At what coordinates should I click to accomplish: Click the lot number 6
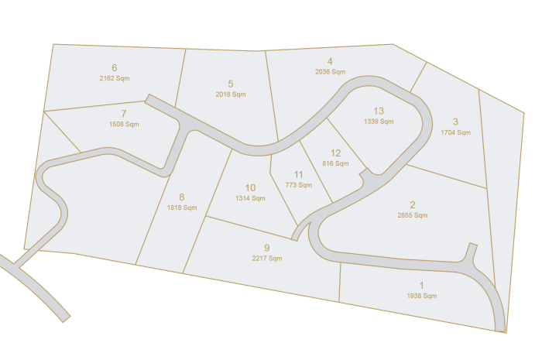pyautogui.click(x=114, y=68)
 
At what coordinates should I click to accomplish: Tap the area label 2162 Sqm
pyautogui.click(x=115, y=79)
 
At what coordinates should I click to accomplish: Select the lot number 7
pyautogui.click(x=124, y=113)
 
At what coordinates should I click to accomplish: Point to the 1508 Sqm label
pyautogui.click(x=124, y=124)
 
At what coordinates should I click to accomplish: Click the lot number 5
pyautogui.click(x=231, y=84)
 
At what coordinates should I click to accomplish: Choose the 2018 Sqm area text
pyautogui.click(x=231, y=94)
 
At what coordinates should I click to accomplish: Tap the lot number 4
pyautogui.click(x=330, y=61)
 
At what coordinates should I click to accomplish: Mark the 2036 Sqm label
pyautogui.click(x=331, y=72)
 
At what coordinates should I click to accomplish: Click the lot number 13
pyautogui.click(x=379, y=111)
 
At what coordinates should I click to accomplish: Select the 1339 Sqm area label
pyautogui.click(x=379, y=122)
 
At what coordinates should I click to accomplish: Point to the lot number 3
pyautogui.click(x=455, y=122)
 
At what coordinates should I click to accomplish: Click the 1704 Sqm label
pyautogui.click(x=455, y=132)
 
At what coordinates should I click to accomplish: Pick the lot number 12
pyautogui.click(x=335, y=153)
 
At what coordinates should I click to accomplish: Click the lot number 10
pyautogui.click(x=250, y=187)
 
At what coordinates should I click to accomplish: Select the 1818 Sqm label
pyautogui.click(x=182, y=207)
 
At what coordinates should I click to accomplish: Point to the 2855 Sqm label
pyautogui.click(x=413, y=215)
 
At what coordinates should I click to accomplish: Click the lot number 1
pyautogui.click(x=421, y=286)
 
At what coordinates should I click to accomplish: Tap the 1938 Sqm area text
pyautogui.click(x=422, y=297)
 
